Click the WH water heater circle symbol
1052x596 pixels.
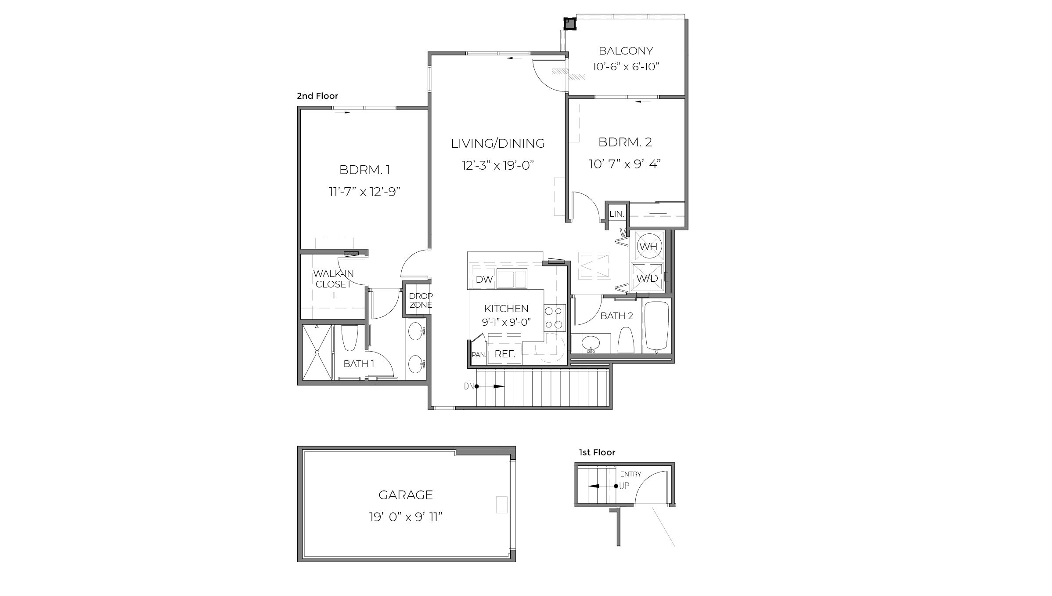click(x=648, y=247)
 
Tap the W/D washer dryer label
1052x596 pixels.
click(x=647, y=278)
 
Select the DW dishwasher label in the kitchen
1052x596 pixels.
click(x=484, y=280)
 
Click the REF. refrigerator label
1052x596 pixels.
click(x=504, y=354)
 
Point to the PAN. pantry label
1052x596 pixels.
click(x=478, y=355)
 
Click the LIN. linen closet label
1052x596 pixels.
click(x=616, y=214)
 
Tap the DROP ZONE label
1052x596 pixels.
click(x=421, y=301)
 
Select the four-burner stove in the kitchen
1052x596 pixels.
click(x=554, y=318)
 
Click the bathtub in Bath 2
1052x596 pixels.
click(x=657, y=326)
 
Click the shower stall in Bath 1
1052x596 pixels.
click(x=317, y=352)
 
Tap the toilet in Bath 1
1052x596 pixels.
click(x=350, y=338)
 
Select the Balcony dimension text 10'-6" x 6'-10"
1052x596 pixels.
click(x=626, y=67)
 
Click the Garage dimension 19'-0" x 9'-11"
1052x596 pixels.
click(x=405, y=517)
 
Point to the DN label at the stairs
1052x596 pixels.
click(x=468, y=386)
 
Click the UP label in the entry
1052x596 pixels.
click(x=624, y=486)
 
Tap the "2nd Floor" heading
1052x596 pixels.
click(x=317, y=96)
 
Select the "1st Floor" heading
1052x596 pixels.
click(x=597, y=452)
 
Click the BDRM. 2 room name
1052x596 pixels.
click(x=625, y=142)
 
